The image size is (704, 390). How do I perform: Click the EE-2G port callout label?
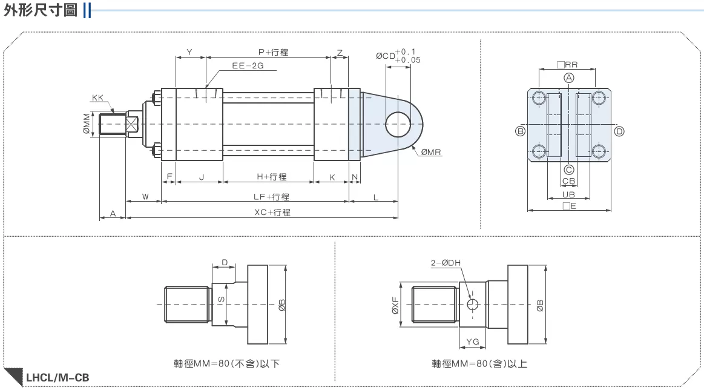(248, 65)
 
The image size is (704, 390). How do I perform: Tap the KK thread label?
(97, 97)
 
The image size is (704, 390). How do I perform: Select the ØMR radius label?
(431, 152)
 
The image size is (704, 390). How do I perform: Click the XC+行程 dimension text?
(272, 212)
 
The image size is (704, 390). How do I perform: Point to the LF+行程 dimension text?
(271, 197)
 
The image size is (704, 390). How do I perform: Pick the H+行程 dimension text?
(271, 177)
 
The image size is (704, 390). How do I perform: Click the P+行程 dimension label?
(273, 52)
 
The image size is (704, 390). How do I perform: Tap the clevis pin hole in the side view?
(398, 124)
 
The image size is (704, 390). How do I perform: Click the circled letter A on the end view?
(569, 78)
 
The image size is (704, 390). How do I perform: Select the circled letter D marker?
(619, 131)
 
